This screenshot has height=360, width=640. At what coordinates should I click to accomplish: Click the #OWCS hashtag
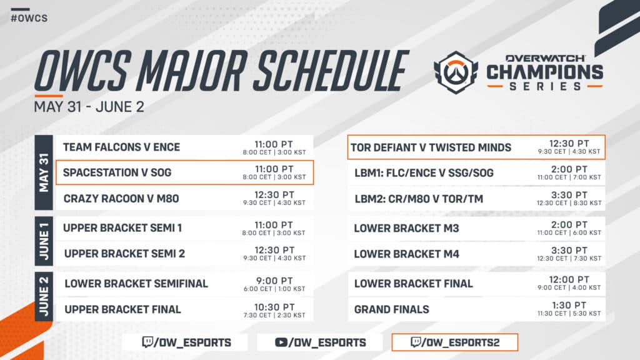tap(29, 18)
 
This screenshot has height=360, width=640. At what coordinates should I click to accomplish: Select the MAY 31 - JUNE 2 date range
tap(89, 106)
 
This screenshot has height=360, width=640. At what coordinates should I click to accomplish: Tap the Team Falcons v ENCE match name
tap(121, 147)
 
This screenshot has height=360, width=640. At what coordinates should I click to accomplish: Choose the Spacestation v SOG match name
tap(117, 172)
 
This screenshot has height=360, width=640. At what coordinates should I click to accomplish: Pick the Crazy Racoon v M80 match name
tap(121, 199)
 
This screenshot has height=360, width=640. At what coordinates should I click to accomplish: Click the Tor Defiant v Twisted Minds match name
tap(431, 148)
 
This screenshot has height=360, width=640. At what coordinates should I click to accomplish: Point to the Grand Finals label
tap(391, 309)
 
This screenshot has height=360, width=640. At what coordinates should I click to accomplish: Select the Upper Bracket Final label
tap(122, 309)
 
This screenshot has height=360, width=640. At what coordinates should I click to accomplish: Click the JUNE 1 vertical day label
tap(44, 241)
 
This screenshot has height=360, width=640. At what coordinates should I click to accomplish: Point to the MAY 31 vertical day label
tap(44, 172)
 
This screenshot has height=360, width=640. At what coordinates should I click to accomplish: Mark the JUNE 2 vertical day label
tap(44, 296)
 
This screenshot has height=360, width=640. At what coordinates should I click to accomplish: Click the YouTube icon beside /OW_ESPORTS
tap(282, 342)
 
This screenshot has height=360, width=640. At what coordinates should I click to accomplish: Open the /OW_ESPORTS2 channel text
tap(462, 342)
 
